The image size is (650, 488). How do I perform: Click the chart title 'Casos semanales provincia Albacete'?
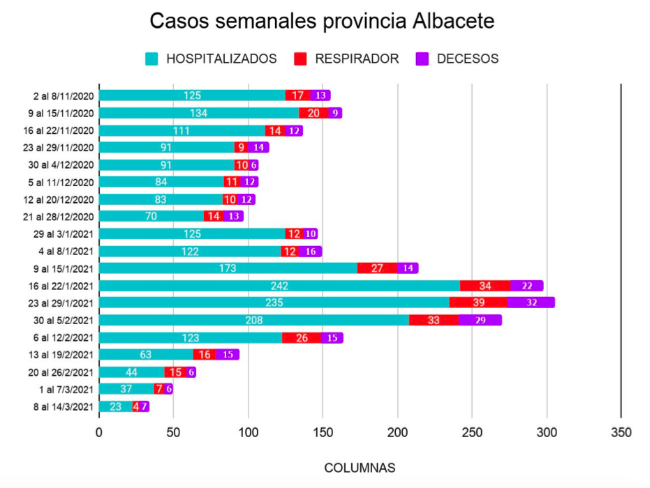tap(322, 21)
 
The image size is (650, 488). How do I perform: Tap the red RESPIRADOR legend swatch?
tap(301, 59)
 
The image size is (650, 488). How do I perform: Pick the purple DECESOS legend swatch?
tap(422, 59)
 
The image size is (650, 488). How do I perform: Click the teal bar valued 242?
tap(279, 285)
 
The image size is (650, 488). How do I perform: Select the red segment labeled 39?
tap(478, 303)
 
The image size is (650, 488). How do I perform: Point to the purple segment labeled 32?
tap(531, 303)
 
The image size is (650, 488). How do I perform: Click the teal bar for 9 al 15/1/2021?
tap(228, 268)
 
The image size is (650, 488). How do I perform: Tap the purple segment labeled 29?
tap(480, 320)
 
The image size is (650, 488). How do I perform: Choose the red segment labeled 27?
tap(377, 268)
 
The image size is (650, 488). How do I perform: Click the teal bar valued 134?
tap(199, 113)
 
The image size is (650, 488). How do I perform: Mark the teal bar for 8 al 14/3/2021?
tap(116, 406)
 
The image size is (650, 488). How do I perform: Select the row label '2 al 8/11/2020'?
tap(62, 96)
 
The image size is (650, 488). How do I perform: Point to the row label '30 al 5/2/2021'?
tap(62, 320)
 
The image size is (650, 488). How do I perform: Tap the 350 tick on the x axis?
tap(621, 433)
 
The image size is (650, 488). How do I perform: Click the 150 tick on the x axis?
tap(323, 433)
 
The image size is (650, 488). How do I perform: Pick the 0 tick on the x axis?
tap(99, 433)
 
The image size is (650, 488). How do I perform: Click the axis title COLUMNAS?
tap(360, 467)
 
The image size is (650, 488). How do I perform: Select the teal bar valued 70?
tap(152, 216)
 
